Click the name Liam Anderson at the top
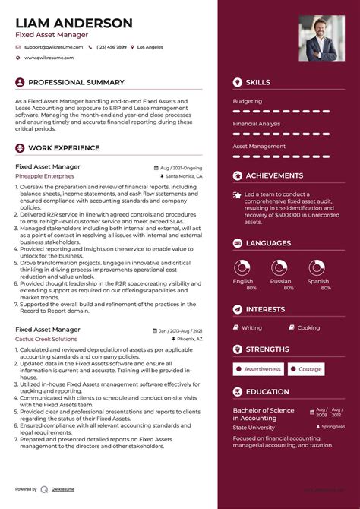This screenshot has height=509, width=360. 74,23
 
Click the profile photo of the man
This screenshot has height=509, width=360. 321,38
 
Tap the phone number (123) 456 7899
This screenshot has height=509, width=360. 111,47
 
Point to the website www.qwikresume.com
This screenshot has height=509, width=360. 49,58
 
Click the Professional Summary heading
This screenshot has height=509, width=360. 76,82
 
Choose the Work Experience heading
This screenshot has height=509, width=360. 64,148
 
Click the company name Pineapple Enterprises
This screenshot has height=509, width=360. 45,175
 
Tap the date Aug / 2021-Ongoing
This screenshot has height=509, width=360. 181,167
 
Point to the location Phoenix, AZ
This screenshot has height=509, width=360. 189,339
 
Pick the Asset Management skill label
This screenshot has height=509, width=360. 259,146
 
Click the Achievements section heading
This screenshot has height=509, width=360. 274,175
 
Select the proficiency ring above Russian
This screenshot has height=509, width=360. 280,267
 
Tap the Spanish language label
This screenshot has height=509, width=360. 318,281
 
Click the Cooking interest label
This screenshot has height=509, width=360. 308,328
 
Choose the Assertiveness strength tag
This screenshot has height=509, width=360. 262,369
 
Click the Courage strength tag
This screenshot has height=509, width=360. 310,369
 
